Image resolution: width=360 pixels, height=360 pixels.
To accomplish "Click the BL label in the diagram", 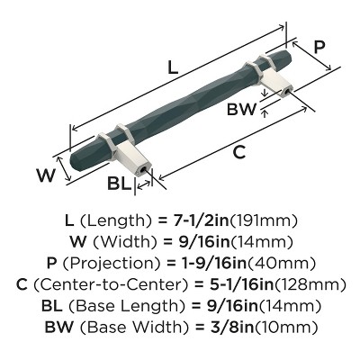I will pyautogui.click(x=118, y=184).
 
